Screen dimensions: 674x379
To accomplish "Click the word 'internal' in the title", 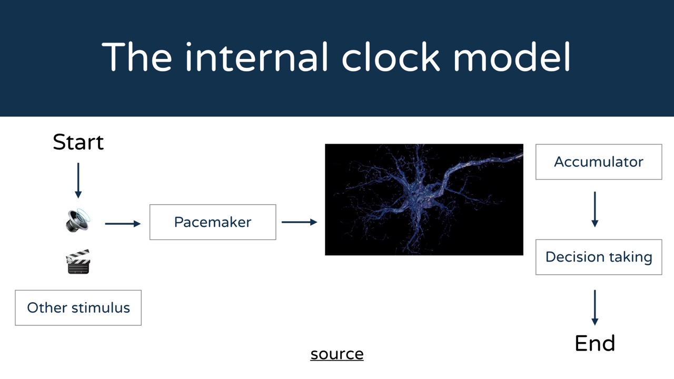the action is point(256,57).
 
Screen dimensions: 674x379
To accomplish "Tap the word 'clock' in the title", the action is point(391,57).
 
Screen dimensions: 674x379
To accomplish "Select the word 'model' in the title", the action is point(512,57).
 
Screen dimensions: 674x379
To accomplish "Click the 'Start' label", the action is point(78,142).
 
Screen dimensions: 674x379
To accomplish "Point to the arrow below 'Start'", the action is point(78,181).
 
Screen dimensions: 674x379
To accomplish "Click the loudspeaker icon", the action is point(78,220).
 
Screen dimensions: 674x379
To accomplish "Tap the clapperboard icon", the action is point(78,262).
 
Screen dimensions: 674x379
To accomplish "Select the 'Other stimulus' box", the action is point(78,308).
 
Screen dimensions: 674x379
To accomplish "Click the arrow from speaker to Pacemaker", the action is point(123,224).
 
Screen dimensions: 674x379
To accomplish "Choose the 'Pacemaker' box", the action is point(213,222).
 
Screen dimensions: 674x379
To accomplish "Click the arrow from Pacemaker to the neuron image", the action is point(300,222).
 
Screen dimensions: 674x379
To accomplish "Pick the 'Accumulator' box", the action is point(599,162).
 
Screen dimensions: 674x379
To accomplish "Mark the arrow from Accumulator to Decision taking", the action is point(595,210).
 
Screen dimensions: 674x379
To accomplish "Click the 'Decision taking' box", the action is point(599,257).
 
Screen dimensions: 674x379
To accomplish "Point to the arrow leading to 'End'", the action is point(595,308).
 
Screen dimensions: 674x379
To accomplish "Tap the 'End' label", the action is point(595,343).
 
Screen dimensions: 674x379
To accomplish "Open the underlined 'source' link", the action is point(337,354).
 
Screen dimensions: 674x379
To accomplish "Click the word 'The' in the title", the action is point(137,57).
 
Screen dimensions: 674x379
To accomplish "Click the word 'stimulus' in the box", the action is point(101,308).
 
